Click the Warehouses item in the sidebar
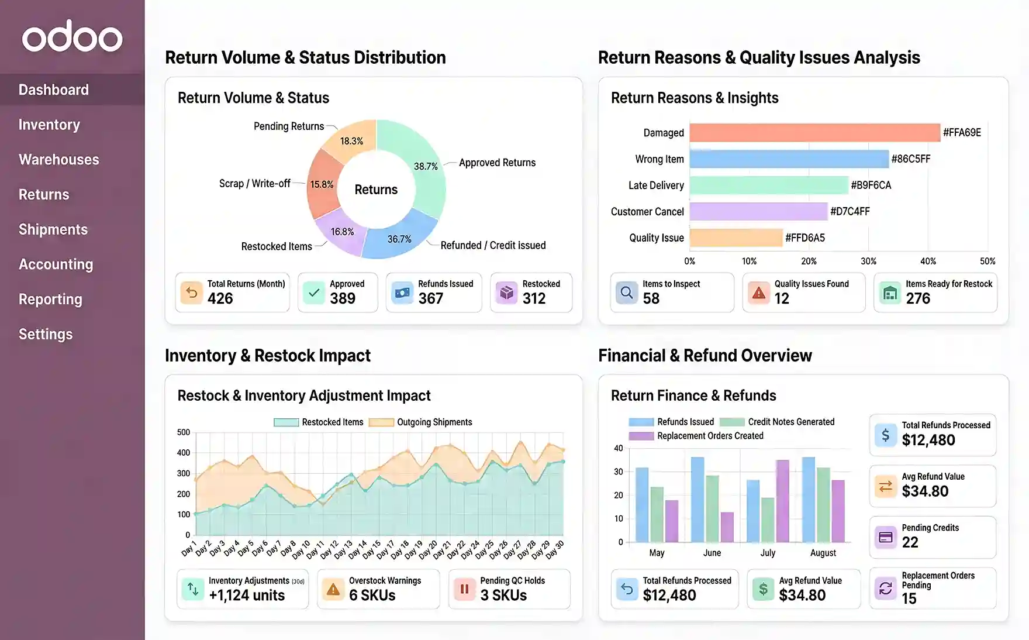58,160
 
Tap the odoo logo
72,36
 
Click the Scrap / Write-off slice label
254,184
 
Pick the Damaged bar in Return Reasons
814,133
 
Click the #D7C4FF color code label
850,212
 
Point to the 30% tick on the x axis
868,261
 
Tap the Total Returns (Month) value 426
220,299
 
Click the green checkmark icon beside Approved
314,293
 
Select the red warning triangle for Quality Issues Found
758,293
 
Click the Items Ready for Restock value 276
918,299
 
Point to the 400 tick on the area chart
184,453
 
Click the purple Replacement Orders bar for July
782,501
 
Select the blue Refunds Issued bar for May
642,504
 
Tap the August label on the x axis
823,553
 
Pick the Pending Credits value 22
910,542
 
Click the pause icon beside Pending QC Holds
464,589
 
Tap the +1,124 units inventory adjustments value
247,596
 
